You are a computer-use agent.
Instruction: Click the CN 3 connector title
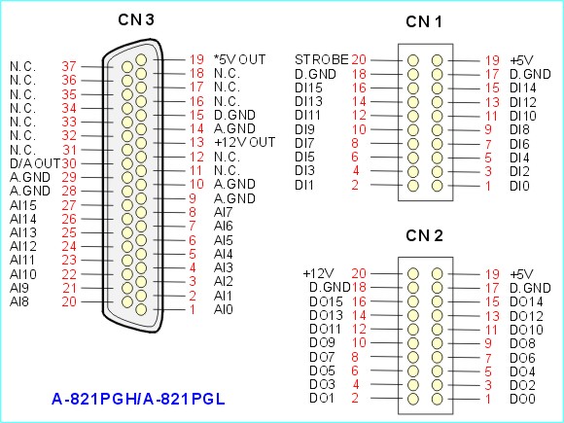[x=136, y=19]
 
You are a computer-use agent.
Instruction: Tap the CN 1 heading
[x=424, y=22]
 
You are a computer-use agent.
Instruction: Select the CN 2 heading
[x=424, y=236]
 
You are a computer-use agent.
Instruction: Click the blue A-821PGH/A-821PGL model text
[x=138, y=399]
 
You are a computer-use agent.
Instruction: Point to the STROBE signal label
[x=322, y=59]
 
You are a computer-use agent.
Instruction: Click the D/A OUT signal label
[x=35, y=163]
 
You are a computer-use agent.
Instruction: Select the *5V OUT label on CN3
[x=239, y=59]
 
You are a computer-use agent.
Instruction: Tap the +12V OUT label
[x=245, y=142]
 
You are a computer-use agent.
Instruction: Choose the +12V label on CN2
[x=319, y=273]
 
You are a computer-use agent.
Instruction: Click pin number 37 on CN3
[x=69, y=66]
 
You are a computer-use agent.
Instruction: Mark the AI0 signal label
[x=224, y=309]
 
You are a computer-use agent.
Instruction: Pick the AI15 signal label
[x=23, y=205]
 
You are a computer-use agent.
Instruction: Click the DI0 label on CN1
[x=519, y=186]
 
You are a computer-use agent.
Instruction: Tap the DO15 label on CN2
[x=326, y=301]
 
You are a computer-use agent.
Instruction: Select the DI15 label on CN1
[x=308, y=88]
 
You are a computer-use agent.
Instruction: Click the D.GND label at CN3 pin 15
[x=234, y=115]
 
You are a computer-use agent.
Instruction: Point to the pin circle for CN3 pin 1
[x=141, y=309]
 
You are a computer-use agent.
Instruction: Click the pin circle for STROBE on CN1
[x=413, y=60]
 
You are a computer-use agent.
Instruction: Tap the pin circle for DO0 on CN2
[x=437, y=399]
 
